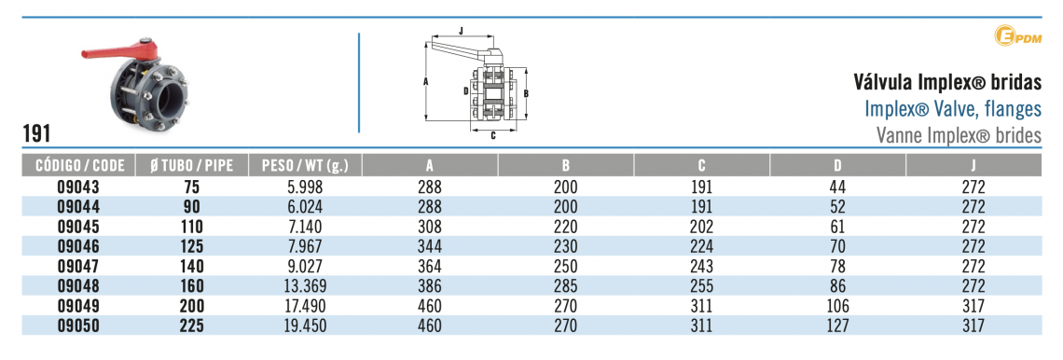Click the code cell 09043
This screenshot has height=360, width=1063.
tap(79, 187)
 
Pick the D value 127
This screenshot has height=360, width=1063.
tap(837, 325)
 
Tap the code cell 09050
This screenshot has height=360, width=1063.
tap(79, 325)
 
